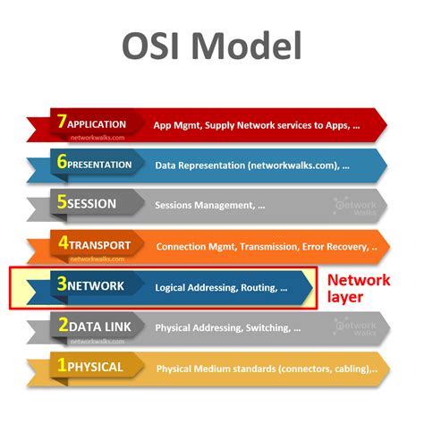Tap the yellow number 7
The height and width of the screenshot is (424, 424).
tap(60, 123)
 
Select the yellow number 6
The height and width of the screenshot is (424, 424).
tap(60, 164)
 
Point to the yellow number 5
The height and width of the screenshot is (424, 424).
tap(61, 203)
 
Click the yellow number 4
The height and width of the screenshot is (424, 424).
tap(60, 244)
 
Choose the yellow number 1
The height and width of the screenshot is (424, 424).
tap(61, 366)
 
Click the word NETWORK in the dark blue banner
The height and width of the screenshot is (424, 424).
tap(96, 286)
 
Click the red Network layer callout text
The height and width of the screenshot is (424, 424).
tap(358, 288)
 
